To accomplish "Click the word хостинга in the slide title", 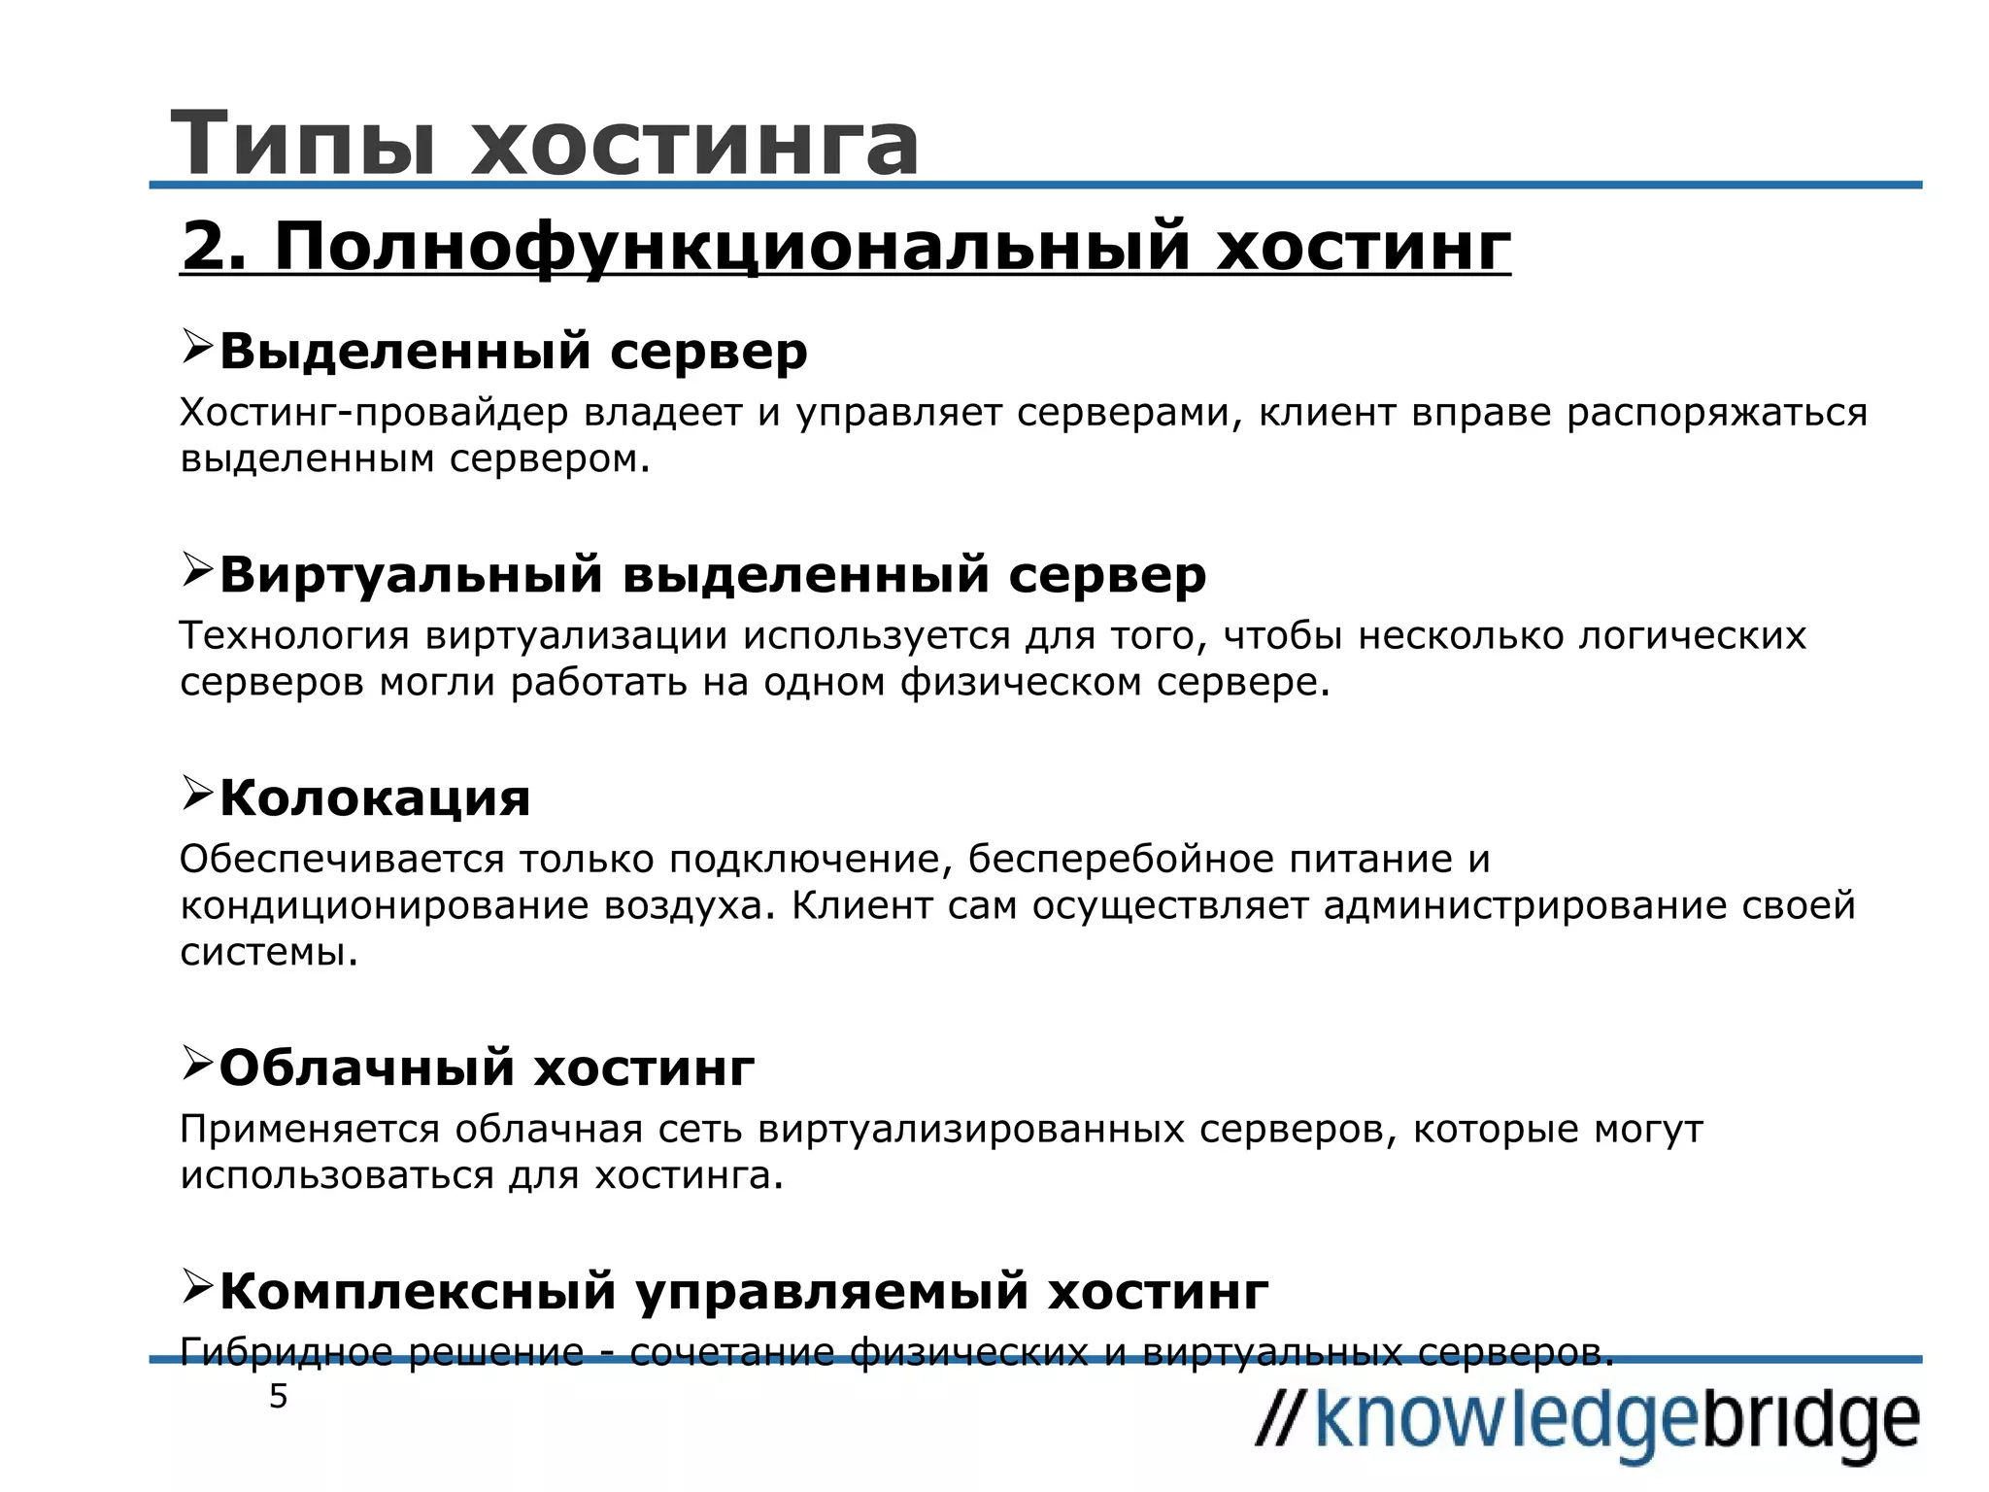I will pos(694,144).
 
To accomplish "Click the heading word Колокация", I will pos(375,798).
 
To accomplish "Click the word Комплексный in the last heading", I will pos(419,1292).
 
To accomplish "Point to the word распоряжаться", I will pos(1717,413).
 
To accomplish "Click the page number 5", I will pos(279,1398).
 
